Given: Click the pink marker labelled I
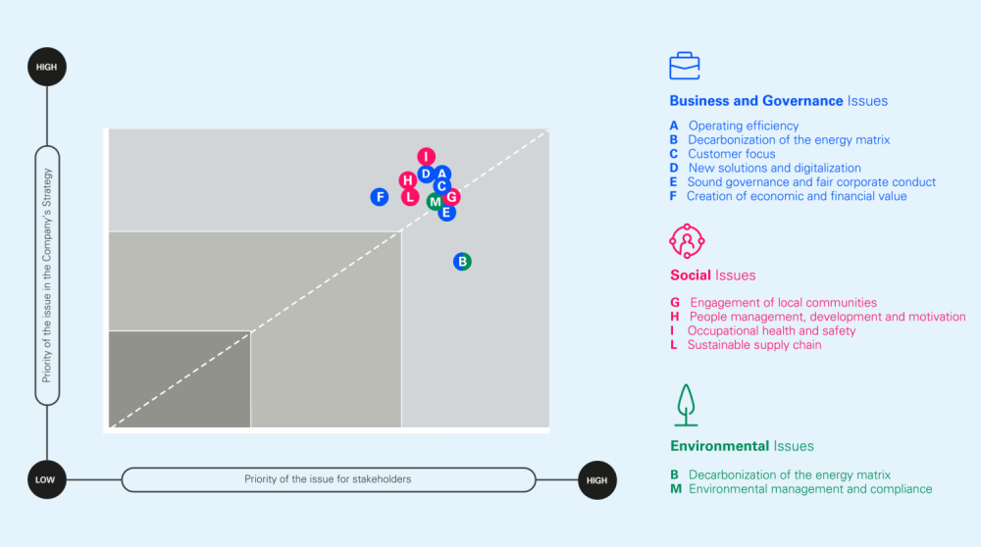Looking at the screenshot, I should coord(426,157).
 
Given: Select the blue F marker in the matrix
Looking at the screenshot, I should coord(380,197).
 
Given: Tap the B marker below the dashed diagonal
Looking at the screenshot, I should coord(463,262).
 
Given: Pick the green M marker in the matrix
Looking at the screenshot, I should coord(435,202).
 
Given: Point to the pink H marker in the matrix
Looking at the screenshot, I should coord(408,180).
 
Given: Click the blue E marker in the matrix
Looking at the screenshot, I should coord(446,212).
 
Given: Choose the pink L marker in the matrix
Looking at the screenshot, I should coord(410,197).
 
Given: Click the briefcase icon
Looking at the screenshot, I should coord(685,66).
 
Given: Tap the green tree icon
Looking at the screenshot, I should coord(686,404).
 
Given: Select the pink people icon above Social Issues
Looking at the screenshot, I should coord(687,240).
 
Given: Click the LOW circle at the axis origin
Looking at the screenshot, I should coord(47,480).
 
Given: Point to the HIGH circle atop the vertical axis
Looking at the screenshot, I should coord(47,67).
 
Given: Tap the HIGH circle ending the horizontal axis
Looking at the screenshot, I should coord(596,480).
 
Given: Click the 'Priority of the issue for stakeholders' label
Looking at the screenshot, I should coord(328,479).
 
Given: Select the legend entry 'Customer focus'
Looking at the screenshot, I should coord(731,154).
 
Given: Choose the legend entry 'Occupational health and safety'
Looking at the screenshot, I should coord(771,331).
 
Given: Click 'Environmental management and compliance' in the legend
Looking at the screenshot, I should coord(809,489).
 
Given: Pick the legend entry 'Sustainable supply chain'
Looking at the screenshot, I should coord(753,345).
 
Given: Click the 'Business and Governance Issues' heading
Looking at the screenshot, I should coord(778,101).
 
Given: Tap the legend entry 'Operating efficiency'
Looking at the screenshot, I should coord(743,125).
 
